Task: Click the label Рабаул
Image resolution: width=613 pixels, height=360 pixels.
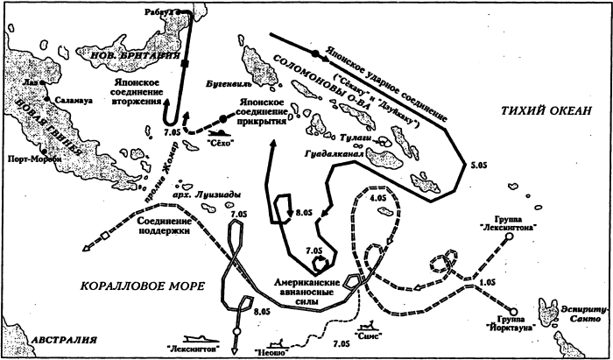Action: (161, 11)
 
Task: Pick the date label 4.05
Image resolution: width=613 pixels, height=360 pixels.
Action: (377, 199)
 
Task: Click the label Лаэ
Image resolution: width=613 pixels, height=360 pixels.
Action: (34, 84)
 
